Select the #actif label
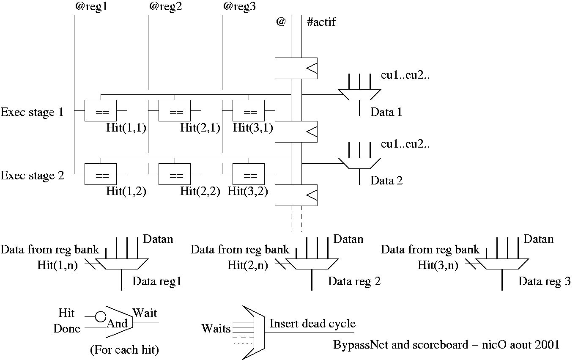point(321,22)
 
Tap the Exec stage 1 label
point(32,113)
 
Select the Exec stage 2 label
point(32,176)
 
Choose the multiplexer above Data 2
point(359,164)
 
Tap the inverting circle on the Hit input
point(100,316)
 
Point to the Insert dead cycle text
point(312,324)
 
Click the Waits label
point(216,329)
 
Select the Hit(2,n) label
point(247,266)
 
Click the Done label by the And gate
point(67,329)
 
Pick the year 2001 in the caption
point(548,345)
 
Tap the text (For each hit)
point(124,350)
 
